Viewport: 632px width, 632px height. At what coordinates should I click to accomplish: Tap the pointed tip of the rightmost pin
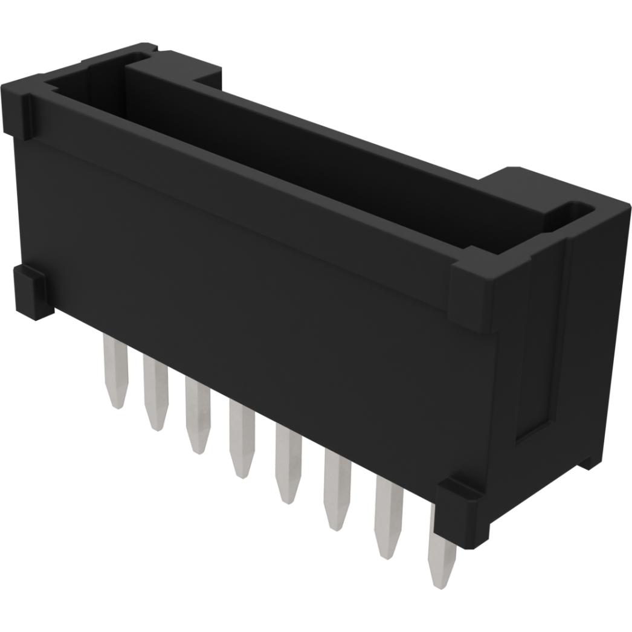tap(441, 583)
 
